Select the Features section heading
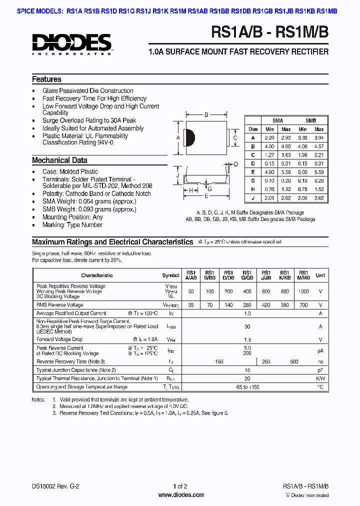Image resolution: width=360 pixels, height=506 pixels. pyautogui.click(x=46, y=79)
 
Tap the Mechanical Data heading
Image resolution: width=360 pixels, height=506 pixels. pyautogui.click(x=59, y=160)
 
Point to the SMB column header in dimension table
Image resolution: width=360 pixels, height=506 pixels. pyautogui.click(x=310, y=120)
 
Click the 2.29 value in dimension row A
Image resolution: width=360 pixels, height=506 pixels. pyautogui.click(x=269, y=137)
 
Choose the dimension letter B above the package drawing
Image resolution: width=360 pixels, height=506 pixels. pyautogui.click(x=206, y=115)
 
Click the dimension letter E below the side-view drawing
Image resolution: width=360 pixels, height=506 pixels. pyautogui.click(x=205, y=196)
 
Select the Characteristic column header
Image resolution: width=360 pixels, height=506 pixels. pyautogui.click(x=97, y=275)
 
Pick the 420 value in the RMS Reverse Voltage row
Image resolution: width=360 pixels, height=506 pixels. pyautogui.click(x=266, y=304)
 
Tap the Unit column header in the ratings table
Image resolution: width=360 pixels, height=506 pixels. pyautogui.click(x=320, y=275)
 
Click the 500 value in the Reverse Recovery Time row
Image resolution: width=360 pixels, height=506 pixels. pyautogui.click(x=294, y=361)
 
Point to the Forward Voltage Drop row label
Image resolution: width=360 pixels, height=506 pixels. pyautogui.click(x=59, y=339)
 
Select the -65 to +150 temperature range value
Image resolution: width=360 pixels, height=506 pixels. pyautogui.click(x=247, y=387)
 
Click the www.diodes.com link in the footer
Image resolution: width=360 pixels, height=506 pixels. pyautogui.click(x=180, y=495)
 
